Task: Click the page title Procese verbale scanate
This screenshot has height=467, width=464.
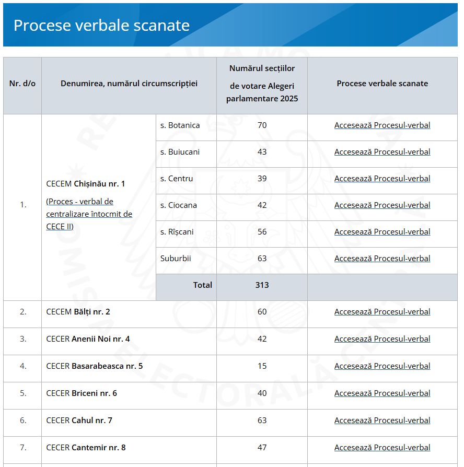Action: (x=101, y=25)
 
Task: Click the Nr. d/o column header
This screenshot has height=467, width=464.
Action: (x=22, y=84)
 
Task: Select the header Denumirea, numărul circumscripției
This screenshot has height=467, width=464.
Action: (x=129, y=84)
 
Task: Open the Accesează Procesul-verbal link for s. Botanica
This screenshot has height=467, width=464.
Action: (x=382, y=125)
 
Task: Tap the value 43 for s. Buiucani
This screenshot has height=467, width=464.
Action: (x=262, y=152)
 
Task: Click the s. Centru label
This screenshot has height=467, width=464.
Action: (x=177, y=179)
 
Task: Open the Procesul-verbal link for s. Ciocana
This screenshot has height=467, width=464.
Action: (x=382, y=205)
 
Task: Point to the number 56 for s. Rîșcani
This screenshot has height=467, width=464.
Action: (x=262, y=232)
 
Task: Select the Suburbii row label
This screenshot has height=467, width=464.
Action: (x=176, y=259)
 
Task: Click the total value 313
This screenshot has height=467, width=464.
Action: (x=262, y=285)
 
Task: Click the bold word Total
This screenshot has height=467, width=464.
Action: (x=203, y=285)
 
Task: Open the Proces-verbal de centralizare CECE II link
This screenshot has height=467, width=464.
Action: (x=89, y=214)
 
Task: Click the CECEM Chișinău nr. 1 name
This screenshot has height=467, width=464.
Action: (x=86, y=184)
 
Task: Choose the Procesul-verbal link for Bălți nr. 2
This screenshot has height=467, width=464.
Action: (x=382, y=312)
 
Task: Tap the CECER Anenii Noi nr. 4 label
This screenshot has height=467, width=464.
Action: (x=88, y=339)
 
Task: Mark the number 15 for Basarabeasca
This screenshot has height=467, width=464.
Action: (x=262, y=366)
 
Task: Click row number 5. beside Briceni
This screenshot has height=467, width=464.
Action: (x=22, y=393)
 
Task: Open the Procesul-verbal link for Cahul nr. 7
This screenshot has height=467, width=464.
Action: (x=382, y=421)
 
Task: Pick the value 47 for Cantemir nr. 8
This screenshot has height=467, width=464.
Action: (x=262, y=448)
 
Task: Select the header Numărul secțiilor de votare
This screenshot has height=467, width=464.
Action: (x=262, y=84)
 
